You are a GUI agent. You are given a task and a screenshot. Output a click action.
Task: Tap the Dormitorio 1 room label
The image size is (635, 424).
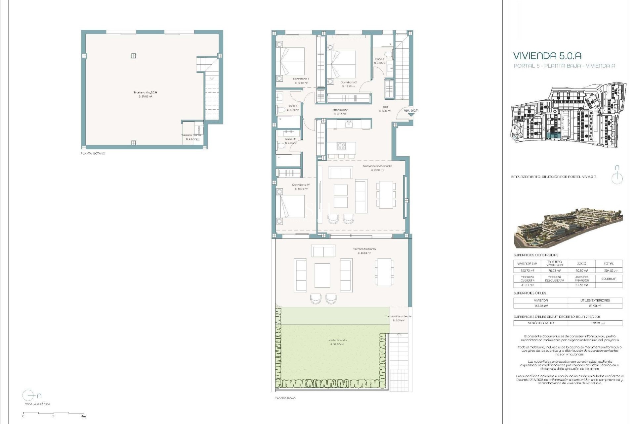tap(301, 79)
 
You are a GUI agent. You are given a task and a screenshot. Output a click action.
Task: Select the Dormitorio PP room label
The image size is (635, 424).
tap(301, 185)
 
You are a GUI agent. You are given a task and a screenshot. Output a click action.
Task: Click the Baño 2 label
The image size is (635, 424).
tap(379, 59)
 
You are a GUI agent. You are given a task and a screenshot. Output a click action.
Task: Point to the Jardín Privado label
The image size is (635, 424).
tap(338, 340)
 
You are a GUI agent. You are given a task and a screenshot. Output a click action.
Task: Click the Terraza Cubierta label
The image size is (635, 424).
tap(364, 249)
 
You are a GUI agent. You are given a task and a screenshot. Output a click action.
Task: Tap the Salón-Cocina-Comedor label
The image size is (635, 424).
tap(377, 166)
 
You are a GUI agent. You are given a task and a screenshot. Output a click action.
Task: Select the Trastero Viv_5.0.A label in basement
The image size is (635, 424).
tap(145, 92)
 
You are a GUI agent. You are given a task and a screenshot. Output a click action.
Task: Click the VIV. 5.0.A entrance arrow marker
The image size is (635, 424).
tap(411, 114)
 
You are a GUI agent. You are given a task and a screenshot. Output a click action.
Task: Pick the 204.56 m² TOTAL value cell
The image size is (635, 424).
tap(609, 271)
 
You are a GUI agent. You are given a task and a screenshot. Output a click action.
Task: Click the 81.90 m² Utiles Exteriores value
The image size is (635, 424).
tap(595, 306)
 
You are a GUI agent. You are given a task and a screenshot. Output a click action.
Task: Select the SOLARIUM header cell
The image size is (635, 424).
tap(609, 279)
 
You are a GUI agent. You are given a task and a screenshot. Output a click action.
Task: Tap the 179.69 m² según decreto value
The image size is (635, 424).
tap(595, 323)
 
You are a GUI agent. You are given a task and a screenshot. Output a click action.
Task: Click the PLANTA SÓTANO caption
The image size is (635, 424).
tap(93, 154)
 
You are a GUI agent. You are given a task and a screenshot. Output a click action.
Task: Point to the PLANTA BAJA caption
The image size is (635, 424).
tap(285, 397)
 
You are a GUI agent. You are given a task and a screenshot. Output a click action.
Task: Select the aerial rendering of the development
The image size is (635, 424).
tap(568, 229)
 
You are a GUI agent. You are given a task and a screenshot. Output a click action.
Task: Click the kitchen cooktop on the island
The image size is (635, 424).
tap(341, 146)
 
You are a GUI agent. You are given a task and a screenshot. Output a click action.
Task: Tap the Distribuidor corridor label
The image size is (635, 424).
tap(340, 110)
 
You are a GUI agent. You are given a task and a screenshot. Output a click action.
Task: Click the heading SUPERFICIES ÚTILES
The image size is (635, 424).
tap(529, 293)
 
